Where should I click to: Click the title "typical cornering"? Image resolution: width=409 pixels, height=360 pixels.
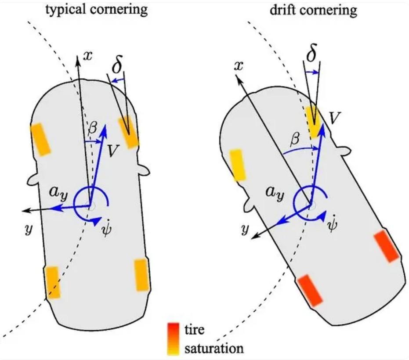[96, 10]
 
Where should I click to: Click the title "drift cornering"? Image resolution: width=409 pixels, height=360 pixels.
[313, 10]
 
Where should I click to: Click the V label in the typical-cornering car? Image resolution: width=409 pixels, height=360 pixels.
[112, 151]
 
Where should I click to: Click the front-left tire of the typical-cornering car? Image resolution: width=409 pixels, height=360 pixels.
[41, 140]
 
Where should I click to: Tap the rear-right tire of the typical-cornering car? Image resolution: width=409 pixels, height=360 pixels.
[141, 275]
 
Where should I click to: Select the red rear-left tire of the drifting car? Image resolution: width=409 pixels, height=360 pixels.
[310, 290]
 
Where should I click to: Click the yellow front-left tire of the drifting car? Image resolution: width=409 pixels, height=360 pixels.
[237, 165]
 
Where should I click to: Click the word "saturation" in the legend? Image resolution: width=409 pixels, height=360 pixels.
[214, 349]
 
